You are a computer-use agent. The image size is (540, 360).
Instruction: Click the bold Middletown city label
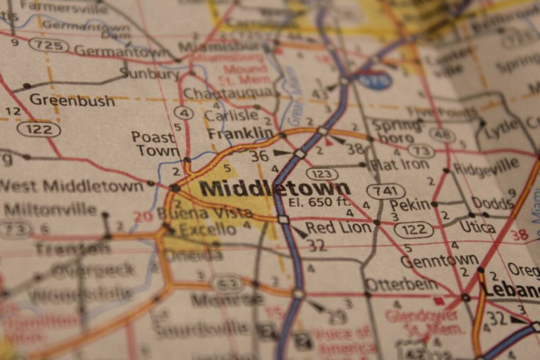[274, 188]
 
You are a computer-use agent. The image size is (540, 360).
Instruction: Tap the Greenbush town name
[72, 100]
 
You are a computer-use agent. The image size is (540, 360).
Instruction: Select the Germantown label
[122, 51]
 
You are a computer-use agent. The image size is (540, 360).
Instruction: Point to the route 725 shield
[48, 45]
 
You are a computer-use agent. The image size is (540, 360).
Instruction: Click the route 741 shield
[386, 191]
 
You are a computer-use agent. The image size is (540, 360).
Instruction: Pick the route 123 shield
[321, 174]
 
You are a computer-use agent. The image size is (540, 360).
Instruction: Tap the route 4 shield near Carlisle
[184, 112]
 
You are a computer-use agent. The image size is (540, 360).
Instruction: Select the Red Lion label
[339, 227]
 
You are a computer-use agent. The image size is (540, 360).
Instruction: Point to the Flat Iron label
[399, 165]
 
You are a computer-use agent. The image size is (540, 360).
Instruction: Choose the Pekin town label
[410, 205]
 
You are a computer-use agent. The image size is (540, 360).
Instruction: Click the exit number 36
[259, 156]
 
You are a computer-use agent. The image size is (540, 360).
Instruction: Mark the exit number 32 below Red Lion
[317, 245]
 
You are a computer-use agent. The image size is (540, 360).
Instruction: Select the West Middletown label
[72, 186]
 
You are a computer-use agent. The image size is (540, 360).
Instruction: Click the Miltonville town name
[50, 209]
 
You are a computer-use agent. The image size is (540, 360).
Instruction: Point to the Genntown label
[439, 260]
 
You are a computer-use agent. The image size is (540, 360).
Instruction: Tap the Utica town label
[477, 227]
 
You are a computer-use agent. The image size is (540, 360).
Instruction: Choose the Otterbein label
[401, 285]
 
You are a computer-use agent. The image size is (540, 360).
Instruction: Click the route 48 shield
[442, 135]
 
